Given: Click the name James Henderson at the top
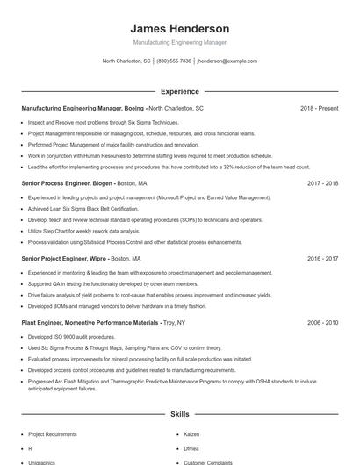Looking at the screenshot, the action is pos(179,28).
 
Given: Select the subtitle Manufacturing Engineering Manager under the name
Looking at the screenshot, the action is pos(179,42).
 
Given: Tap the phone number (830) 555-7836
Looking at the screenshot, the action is pos(174,61).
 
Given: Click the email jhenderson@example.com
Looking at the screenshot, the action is pos(227,61).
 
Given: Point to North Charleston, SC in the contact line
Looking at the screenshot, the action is pos(126,61).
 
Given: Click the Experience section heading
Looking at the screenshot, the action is pos(179,91).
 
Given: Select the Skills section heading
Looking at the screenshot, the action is pos(179,413).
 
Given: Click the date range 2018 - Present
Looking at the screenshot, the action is pos(319,108).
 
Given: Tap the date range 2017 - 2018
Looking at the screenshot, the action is pos(322,183).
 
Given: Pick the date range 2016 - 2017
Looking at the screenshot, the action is pos(322,259).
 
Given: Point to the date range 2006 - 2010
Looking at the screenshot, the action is pos(322,323).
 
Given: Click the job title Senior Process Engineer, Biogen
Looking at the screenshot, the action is pos(67,183).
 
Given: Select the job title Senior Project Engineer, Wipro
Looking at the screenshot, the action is pos(64,259).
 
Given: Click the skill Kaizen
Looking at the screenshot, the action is pos(191,434).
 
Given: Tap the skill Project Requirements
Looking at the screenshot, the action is pos(53,434).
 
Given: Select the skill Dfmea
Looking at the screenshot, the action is pos(191,448).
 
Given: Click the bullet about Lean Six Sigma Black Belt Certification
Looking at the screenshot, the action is pos(83,209).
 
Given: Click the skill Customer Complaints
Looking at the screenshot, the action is pos(207,462).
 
